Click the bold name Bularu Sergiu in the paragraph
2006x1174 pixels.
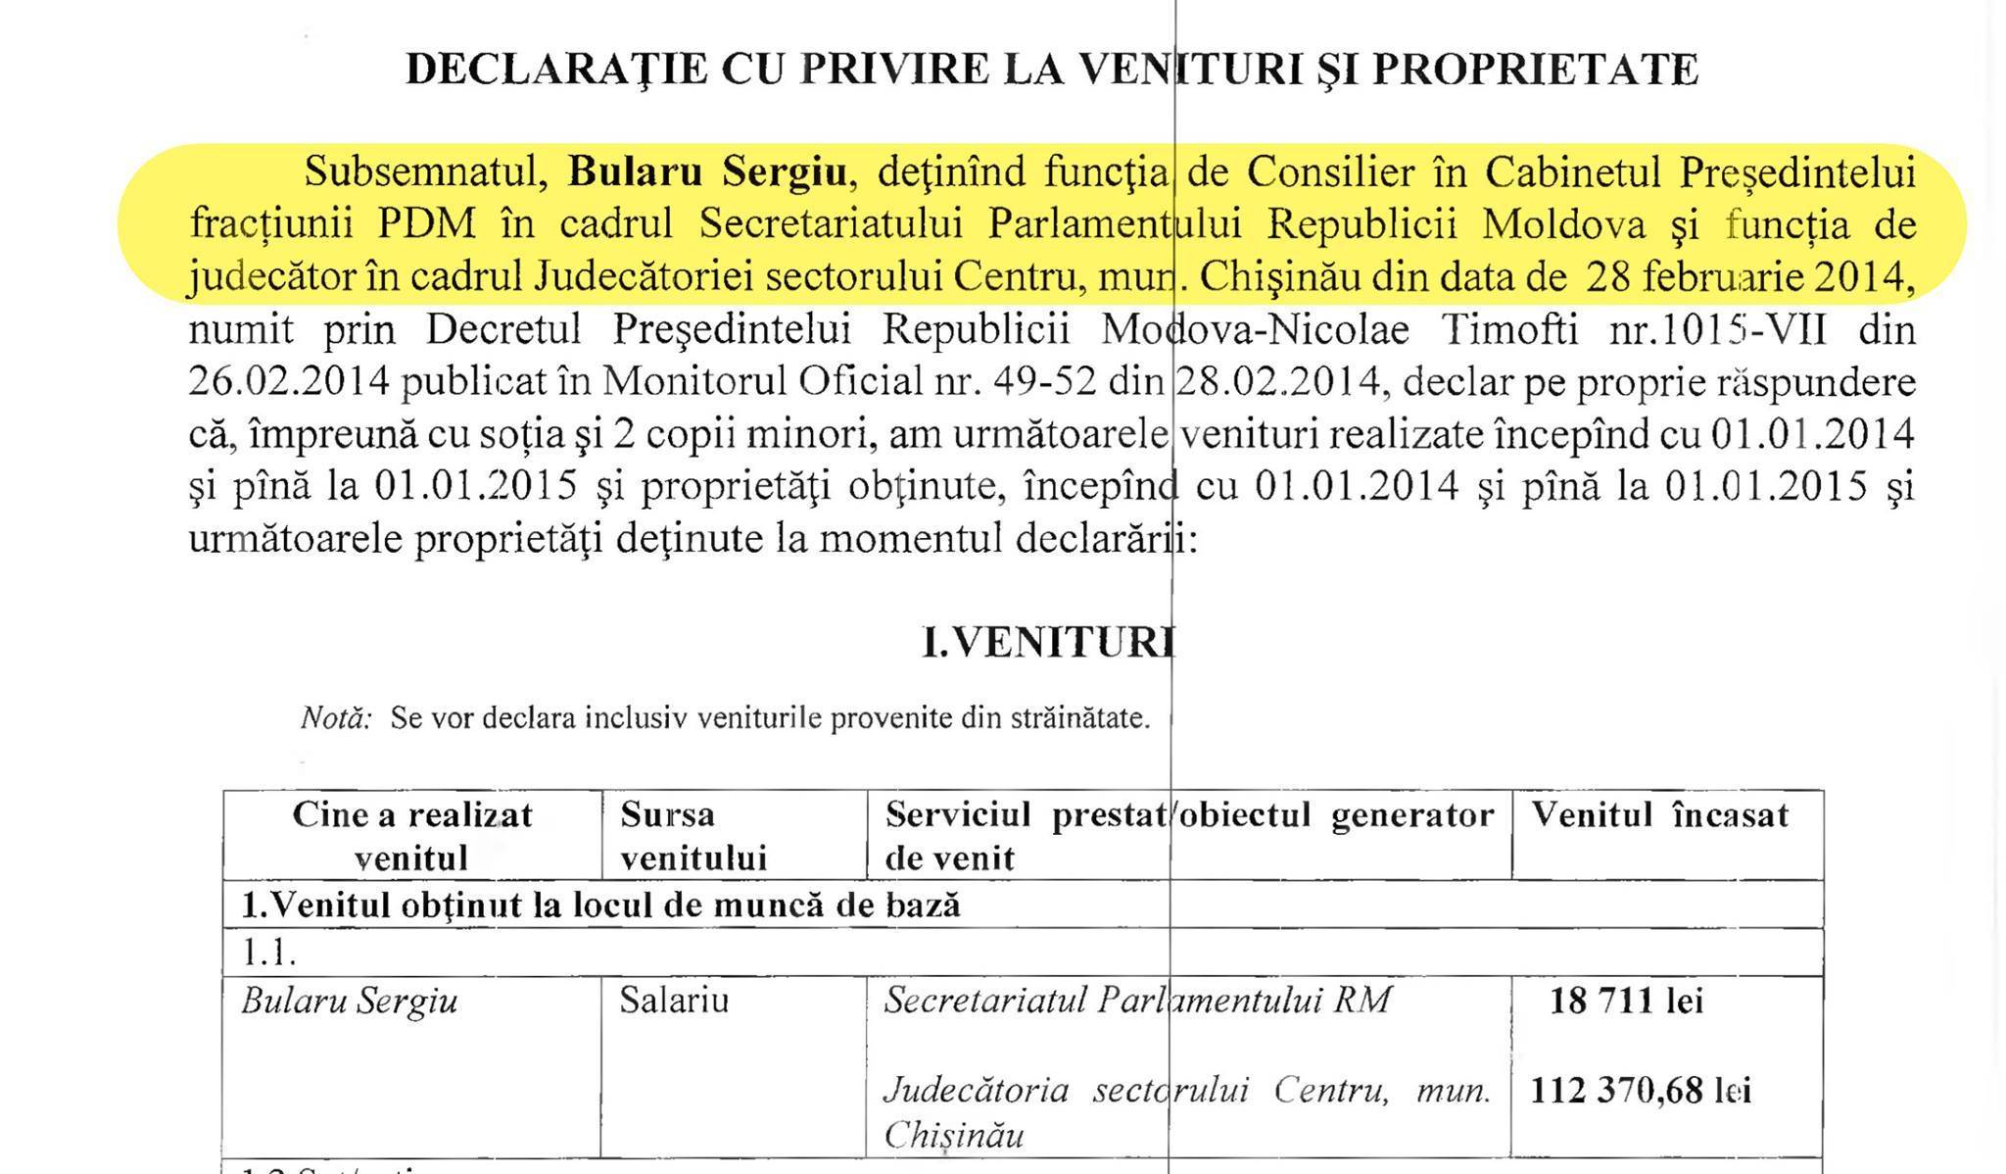pyautogui.click(x=707, y=172)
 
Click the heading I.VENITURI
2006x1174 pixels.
pyautogui.click(x=1047, y=643)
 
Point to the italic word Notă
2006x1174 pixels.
pyautogui.click(x=336, y=718)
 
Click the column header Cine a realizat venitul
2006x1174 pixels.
pyautogui.click(x=411, y=835)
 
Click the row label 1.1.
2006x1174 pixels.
pyautogui.click(x=269, y=952)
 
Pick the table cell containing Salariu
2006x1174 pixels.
pyautogui.click(x=674, y=1001)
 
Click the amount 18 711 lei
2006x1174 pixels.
pyautogui.click(x=1626, y=1001)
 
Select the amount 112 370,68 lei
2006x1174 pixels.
pyautogui.click(x=1640, y=1090)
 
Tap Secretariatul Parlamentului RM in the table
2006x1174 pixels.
pyautogui.click(x=1136, y=1001)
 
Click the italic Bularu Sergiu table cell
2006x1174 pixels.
pyautogui.click(x=349, y=1002)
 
